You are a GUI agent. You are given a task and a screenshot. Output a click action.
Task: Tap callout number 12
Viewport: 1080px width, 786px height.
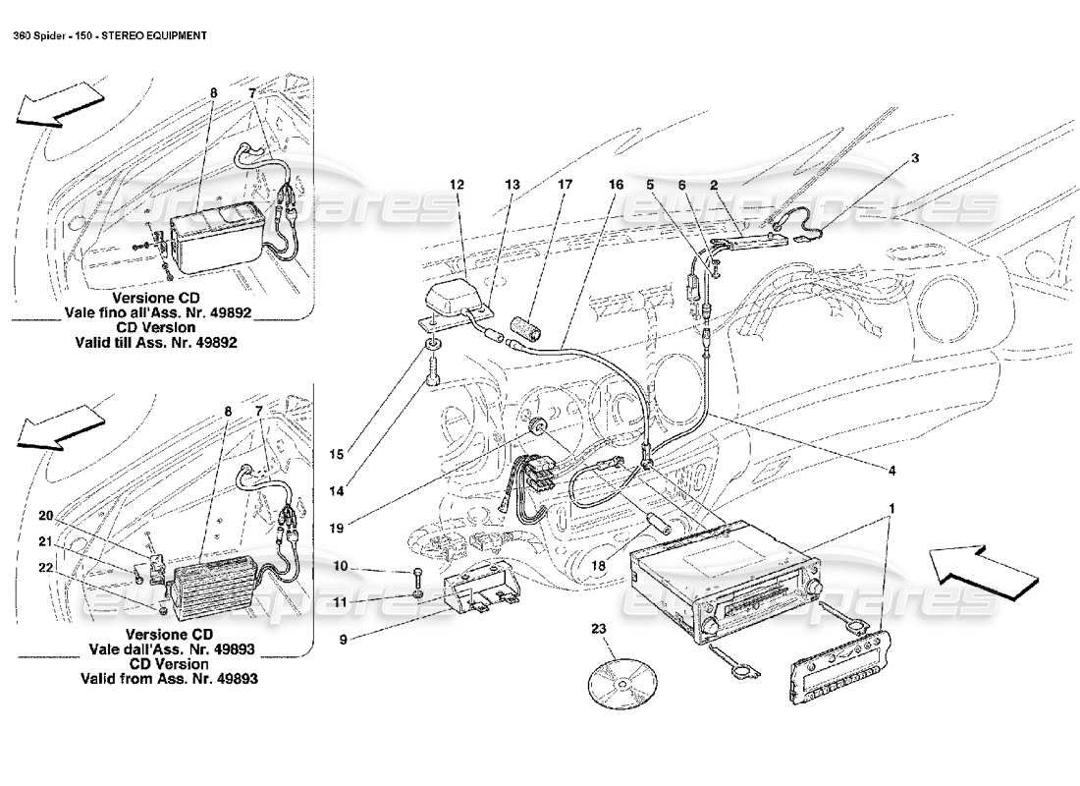[457, 184]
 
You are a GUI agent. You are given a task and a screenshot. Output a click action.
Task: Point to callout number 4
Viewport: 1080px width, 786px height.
[891, 471]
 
